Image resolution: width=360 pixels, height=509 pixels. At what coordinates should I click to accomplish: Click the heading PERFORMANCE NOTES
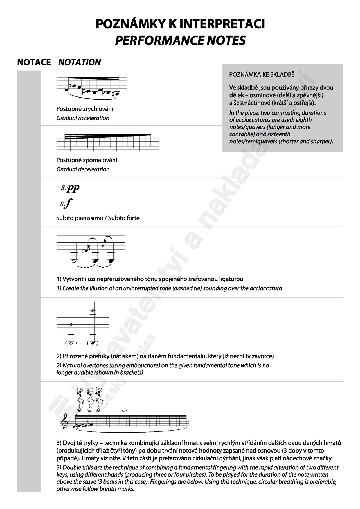[x=180, y=40]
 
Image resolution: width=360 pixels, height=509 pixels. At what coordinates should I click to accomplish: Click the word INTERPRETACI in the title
[x=222, y=24]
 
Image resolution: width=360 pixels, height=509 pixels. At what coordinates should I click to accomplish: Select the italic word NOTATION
[x=80, y=62]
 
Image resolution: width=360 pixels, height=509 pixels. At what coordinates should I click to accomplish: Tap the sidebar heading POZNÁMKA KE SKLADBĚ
[x=262, y=74]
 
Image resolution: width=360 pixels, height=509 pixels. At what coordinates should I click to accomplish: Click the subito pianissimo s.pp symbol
[x=70, y=188]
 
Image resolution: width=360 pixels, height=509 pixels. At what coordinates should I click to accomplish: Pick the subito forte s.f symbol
[x=66, y=203]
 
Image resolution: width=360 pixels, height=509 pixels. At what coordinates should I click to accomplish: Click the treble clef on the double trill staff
[x=65, y=422]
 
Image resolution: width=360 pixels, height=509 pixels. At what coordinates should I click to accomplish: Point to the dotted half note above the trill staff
[x=124, y=410]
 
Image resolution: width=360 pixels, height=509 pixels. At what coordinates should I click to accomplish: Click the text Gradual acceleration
[x=83, y=118]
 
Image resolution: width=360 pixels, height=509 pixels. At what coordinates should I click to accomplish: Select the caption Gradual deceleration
[x=83, y=169]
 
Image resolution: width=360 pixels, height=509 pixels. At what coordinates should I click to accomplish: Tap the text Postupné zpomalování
[x=87, y=160]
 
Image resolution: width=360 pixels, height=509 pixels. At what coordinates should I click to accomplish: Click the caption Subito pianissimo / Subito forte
[x=98, y=218]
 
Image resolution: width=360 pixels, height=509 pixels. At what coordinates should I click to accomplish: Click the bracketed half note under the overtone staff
[x=71, y=343]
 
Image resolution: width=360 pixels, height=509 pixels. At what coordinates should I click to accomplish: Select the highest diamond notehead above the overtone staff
[x=92, y=311]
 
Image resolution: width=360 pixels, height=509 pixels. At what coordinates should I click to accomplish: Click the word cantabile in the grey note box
[x=242, y=134]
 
